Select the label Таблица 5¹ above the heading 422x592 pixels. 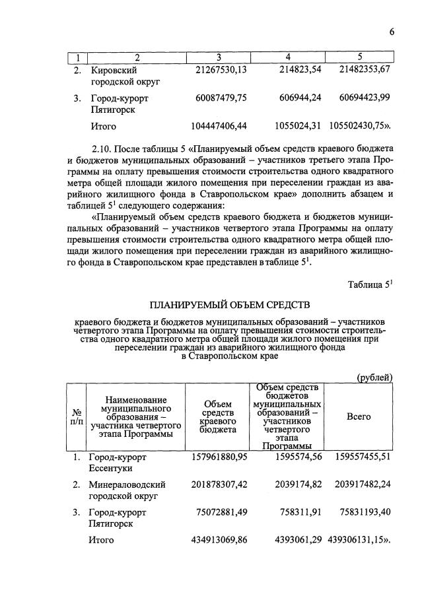tap(370, 285)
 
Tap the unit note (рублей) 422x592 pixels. tap(374, 377)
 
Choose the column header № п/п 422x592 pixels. tap(76, 417)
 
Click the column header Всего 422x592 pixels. tap(359, 417)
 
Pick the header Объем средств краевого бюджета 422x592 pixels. tap(218, 417)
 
